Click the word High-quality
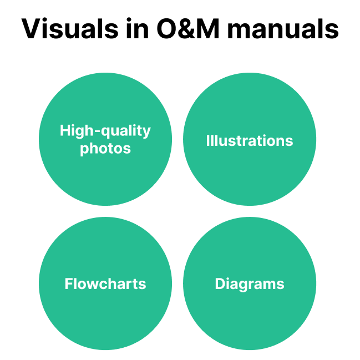click(x=105, y=131)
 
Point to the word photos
click(x=105, y=149)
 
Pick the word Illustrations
click(x=250, y=141)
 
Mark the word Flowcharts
click(x=105, y=284)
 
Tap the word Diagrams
click(x=250, y=284)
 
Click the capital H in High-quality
click(x=65, y=131)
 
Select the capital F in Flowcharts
click(x=69, y=284)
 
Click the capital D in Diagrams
click(x=220, y=284)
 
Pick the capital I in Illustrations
click(x=207, y=141)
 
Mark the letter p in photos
click(x=84, y=150)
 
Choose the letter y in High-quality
click(x=147, y=133)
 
